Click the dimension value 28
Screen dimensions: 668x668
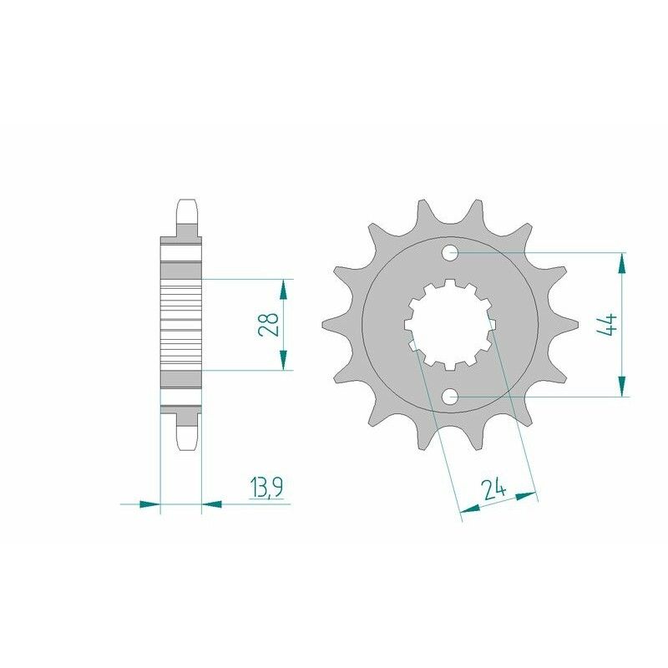click(269, 324)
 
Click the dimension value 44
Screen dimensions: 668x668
click(607, 323)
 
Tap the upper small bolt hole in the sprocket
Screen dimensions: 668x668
click(450, 250)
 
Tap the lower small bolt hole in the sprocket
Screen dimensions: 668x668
click(450, 397)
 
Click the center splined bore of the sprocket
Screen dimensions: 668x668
click(450, 323)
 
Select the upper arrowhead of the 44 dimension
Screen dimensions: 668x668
click(621, 263)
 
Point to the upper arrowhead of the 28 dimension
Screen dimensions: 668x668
click(283, 289)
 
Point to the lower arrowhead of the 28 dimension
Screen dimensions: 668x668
click(283, 359)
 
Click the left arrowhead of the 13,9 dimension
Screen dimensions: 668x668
click(149, 504)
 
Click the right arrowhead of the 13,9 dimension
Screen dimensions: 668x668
click(212, 504)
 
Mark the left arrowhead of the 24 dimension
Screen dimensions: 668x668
click(470, 507)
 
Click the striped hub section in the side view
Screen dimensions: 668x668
click(181, 323)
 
